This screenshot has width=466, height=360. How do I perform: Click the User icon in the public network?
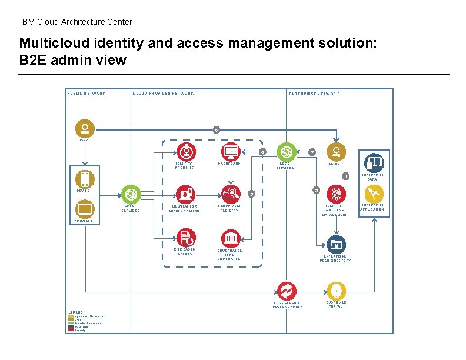(85, 129)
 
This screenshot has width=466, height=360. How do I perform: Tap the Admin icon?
(336, 151)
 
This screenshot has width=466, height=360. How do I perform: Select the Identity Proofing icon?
(187, 151)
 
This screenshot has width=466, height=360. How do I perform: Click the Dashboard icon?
(231, 151)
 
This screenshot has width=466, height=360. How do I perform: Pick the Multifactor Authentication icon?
(186, 193)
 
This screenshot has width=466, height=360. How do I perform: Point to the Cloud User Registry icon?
(230, 193)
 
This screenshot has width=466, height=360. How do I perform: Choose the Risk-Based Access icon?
(186, 237)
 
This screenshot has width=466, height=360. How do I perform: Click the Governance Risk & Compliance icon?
(230, 238)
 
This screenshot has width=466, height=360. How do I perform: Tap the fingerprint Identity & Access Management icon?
(336, 194)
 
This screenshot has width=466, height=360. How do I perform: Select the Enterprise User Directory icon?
(336, 244)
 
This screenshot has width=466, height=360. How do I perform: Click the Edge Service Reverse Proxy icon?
(287, 291)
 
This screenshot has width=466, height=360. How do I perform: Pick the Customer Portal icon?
(336, 290)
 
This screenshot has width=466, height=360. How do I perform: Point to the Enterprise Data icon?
(374, 162)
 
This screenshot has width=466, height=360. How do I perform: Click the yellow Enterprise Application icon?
(374, 194)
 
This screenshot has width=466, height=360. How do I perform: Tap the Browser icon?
(85, 209)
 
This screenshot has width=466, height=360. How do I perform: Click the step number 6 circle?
(217, 129)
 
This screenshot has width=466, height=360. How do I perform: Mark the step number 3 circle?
(316, 190)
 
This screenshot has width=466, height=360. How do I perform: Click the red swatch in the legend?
(71, 330)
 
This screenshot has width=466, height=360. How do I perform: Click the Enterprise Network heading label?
(314, 94)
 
